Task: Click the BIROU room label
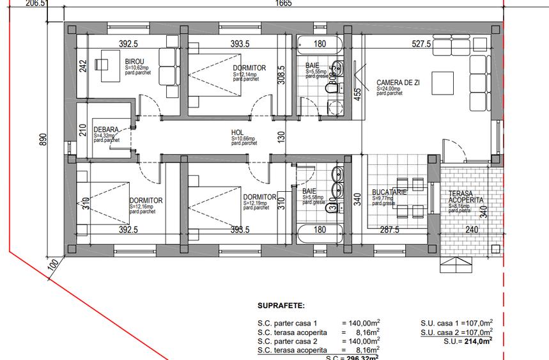[135, 61]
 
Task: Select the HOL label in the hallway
[238, 133]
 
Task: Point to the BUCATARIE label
[389, 192]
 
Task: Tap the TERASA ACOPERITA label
[466, 197]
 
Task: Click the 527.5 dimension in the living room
[422, 44]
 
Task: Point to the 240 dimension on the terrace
[472, 230]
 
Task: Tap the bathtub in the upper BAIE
[319, 45]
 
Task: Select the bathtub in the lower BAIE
[319, 230]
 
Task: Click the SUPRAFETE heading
[281, 307]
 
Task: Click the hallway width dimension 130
[281, 136]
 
